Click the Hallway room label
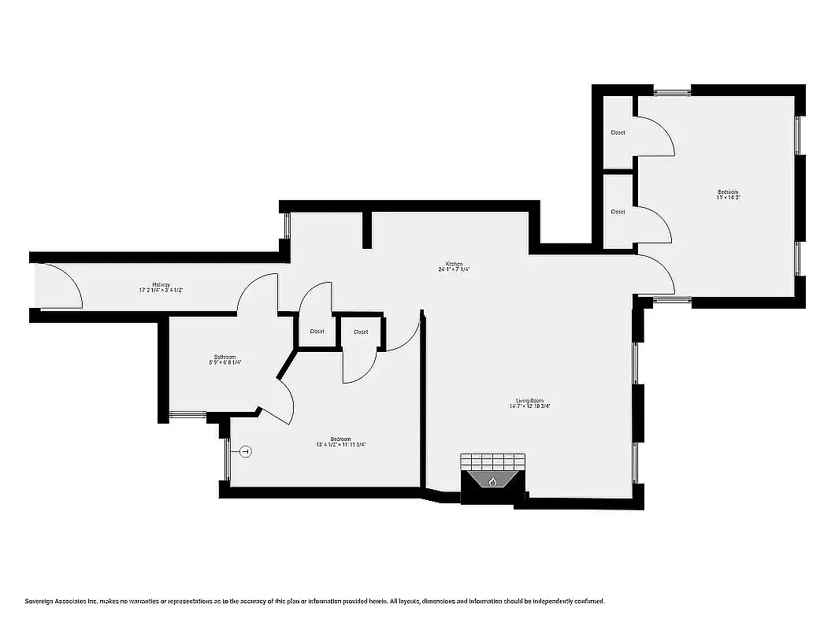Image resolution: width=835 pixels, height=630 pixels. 161,284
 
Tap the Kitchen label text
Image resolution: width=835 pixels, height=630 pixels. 454,264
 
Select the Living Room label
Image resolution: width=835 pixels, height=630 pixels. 530,401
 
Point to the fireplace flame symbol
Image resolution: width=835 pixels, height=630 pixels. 493,481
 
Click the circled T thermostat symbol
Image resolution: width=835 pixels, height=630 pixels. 245,451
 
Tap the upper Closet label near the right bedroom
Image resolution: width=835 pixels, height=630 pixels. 618,132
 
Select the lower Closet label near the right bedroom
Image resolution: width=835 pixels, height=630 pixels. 618,211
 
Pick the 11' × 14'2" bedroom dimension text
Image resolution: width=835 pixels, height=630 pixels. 728,198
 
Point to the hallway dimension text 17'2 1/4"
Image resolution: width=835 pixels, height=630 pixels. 161,291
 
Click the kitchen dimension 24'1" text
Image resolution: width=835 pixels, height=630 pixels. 454,270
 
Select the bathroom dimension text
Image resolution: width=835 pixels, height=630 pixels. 225,362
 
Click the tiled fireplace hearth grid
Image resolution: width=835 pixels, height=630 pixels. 492,461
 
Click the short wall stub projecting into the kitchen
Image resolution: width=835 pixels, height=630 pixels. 366,231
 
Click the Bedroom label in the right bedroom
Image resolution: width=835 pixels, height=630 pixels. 728,192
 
